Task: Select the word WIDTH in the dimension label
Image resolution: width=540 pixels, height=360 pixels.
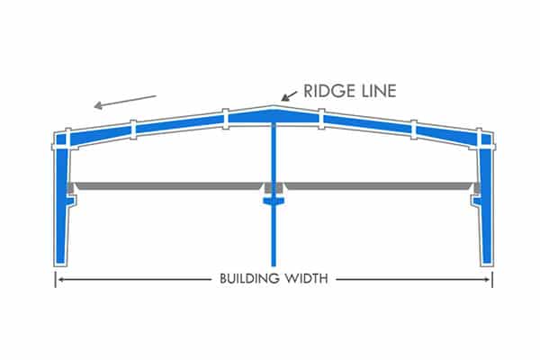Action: pyautogui.click(x=309, y=279)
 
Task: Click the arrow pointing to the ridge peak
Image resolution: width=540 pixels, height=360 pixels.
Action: pyautogui.click(x=290, y=94)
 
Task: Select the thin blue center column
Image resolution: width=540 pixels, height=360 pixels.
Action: pyautogui.click(x=273, y=243)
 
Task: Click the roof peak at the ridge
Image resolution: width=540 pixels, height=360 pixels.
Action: pyautogui.click(x=273, y=109)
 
